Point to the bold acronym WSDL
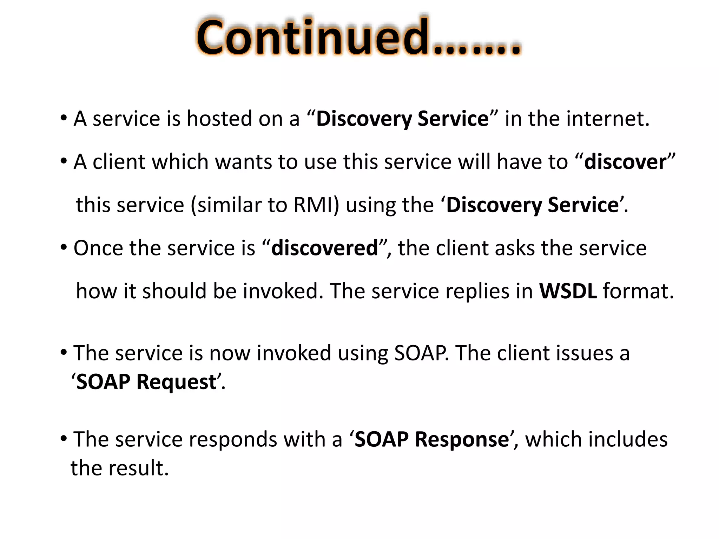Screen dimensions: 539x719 [568, 291]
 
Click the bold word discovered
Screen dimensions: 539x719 [324, 248]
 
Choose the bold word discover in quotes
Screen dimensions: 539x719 [625, 162]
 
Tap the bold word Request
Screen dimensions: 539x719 [176, 381]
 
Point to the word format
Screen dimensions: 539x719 [637, 291]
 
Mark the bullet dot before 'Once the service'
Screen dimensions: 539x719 [64, 247]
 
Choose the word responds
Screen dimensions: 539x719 [233, 439]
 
